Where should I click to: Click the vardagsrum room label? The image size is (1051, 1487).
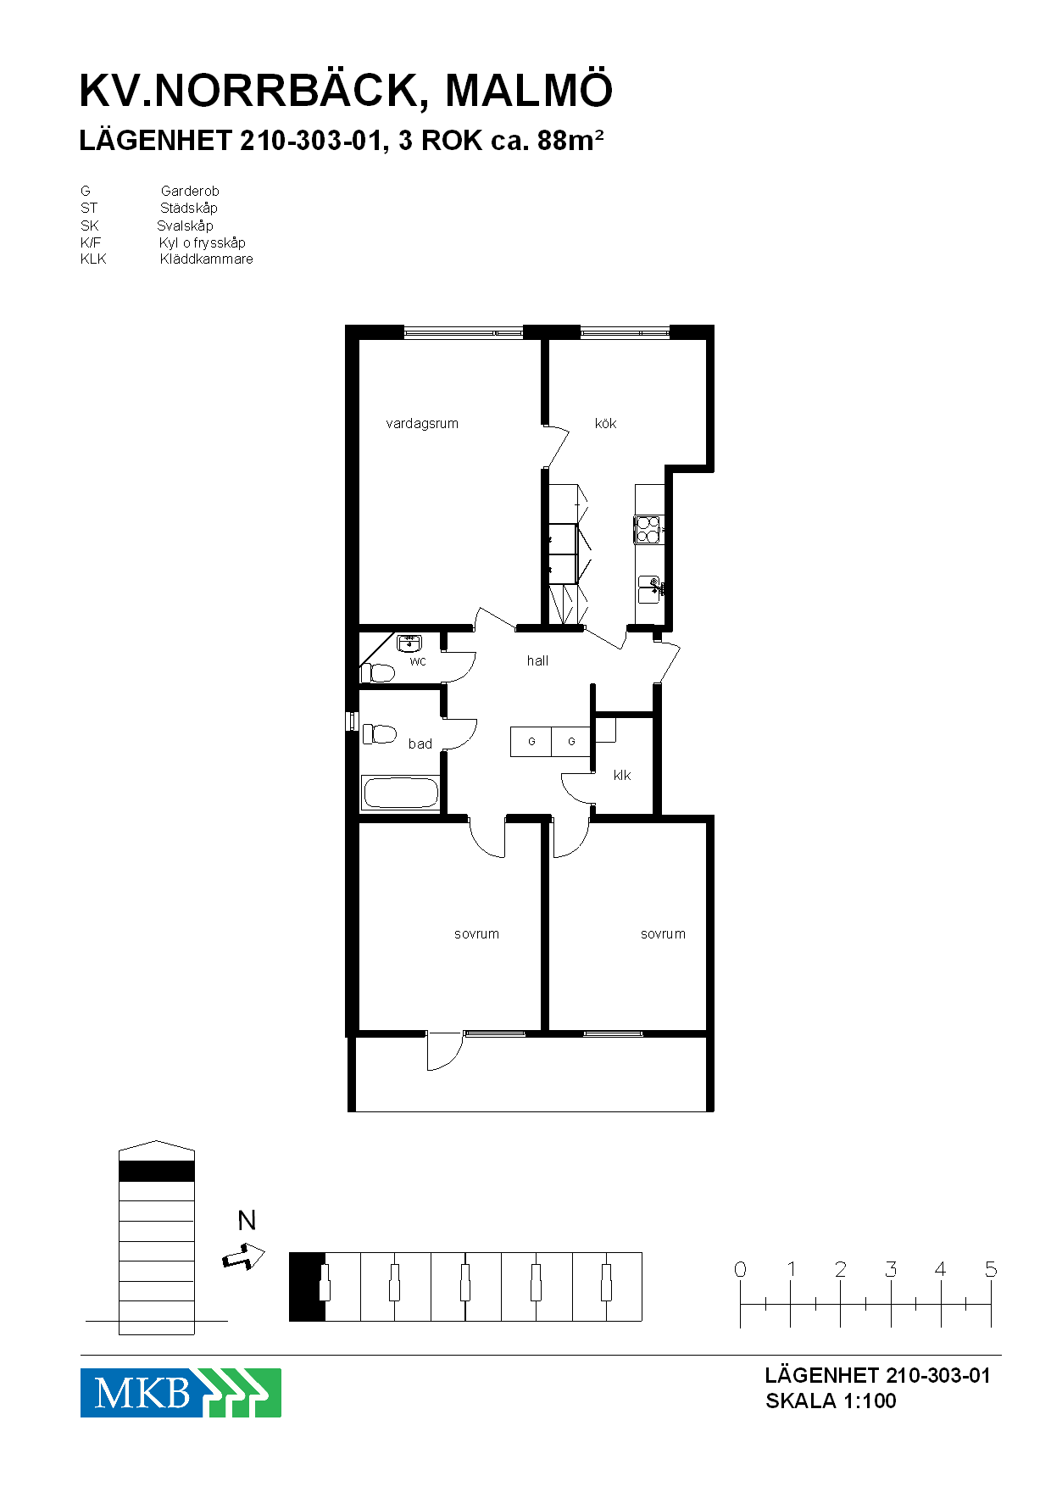click(422, 424)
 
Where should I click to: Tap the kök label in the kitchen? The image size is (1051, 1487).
click(605, 423)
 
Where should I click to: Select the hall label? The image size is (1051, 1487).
click(537, 660)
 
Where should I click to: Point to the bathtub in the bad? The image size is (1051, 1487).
click(400, 794)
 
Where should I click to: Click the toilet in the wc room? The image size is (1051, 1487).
click(378, 673)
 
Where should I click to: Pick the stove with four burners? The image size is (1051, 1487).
click(648, 530)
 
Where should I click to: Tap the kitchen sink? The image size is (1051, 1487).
click(649, 589)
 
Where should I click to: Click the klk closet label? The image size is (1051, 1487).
click(622, 775)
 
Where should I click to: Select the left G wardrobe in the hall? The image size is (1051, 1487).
click(531, 742)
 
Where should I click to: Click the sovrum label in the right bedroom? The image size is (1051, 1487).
click(663, 933)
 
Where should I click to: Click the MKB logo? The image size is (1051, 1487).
click(181, 1393)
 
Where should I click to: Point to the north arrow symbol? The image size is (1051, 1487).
click(243, 1256)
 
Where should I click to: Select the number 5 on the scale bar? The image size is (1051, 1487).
click(991, 1269)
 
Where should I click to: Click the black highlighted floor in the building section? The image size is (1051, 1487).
click(157, 1171)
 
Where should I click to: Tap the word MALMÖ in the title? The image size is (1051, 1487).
click(529, 91)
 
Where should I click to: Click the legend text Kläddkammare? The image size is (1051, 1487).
click(206, 259)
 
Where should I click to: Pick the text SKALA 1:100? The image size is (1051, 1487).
click(831, 1401)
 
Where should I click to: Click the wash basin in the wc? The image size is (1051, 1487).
click(410, 643)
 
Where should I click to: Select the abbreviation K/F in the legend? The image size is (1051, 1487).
click(91, 242)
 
